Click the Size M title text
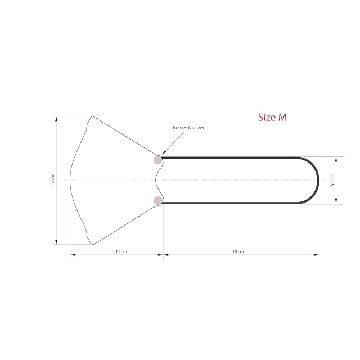[x=272, y=117]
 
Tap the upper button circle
[x=157, y=160]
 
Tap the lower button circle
[x=157, y=200]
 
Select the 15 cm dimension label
[x=52, y=180]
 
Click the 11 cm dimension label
[x=121, y=251]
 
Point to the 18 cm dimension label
[x=238, y=251]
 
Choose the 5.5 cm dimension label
[x=332, y=179]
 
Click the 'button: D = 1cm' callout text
[x=188, y=128]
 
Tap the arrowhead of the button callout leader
[x=164, y=152]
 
